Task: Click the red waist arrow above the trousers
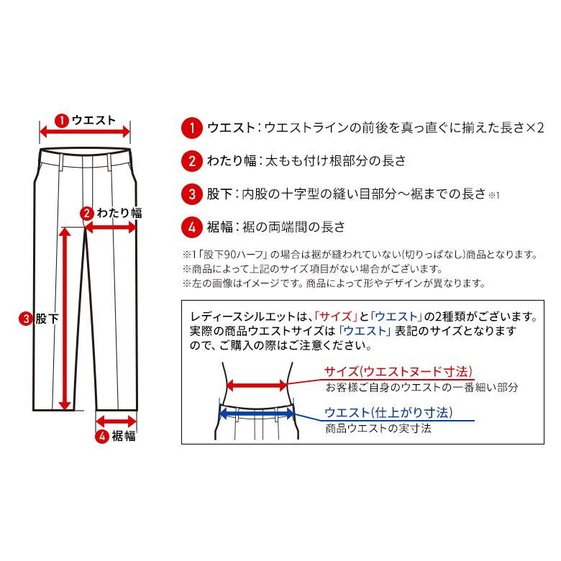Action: (85, 132)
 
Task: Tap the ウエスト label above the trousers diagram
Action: (93, 119)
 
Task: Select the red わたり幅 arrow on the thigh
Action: (111, 227)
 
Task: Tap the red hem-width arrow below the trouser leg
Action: (117, 421)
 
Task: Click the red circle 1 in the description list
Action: (191, 129)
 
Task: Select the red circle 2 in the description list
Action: (191, 161)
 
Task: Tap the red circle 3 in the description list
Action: (191, 194)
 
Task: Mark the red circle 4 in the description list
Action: (191, 227)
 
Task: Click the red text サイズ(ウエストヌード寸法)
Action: (398, 372)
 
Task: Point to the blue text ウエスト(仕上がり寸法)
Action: (388, 413)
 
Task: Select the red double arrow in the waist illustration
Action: (257, 386)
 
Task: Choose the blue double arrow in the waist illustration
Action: (257, 413)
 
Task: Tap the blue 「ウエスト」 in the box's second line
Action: (364, 331)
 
